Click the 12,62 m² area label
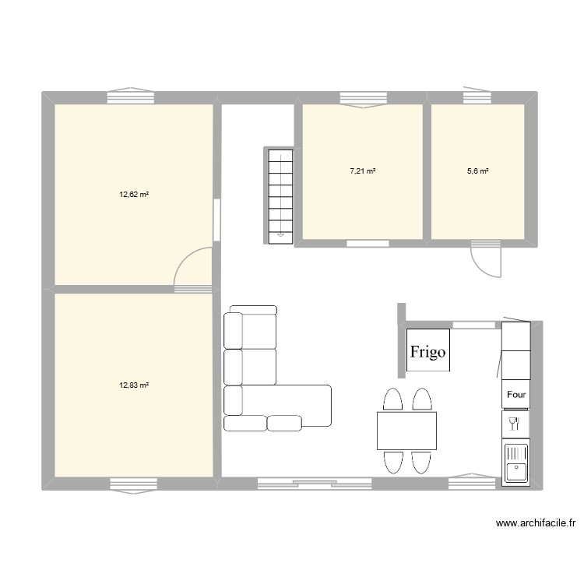tap(133, 195)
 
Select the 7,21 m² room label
tap(363, 171)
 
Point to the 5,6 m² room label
tap(477, 171)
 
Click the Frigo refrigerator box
tap(427, 351)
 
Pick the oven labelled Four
tap(516, 394)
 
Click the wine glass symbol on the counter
tap(514, 424)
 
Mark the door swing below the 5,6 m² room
tap(487, 259)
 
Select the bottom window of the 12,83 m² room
tap(133, 484)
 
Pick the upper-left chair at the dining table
tap(393, 399)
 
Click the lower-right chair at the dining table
tap(421, 462)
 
